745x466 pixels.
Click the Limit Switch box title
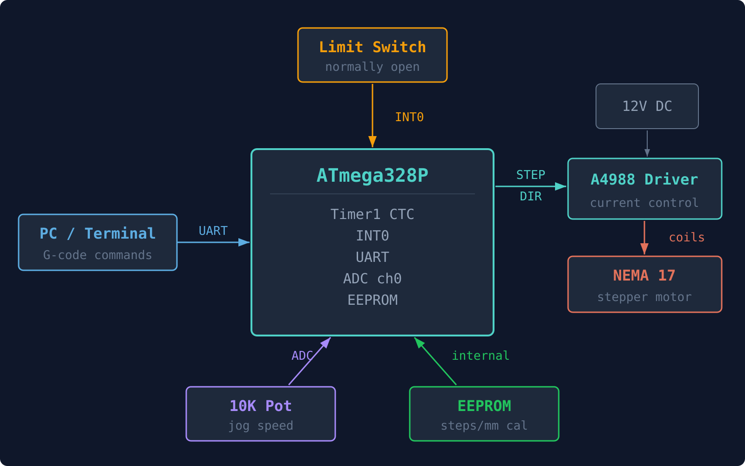(372, 47)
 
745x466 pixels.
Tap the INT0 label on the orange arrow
(409, 117)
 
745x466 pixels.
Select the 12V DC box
(647, 106)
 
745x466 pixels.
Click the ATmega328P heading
(372, 176)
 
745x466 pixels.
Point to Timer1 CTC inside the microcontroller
(372, 214)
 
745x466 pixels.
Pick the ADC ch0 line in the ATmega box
(372, 279)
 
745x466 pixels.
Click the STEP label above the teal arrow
(530, 175)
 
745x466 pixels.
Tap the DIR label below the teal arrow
(530, 196)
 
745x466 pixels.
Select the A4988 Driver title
(644, 179)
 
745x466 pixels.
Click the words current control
(644, 203)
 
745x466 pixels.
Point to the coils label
(686, 237)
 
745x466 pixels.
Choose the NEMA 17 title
(644, 275)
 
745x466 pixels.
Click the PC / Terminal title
(97, 233)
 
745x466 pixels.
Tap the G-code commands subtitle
(97, 255)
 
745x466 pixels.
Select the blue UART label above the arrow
(213, 231)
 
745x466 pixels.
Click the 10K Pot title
(260, 406)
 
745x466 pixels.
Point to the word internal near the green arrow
(481, 356)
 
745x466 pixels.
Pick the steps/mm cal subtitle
(484, 425)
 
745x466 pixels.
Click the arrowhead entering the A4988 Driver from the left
(561, 186)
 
